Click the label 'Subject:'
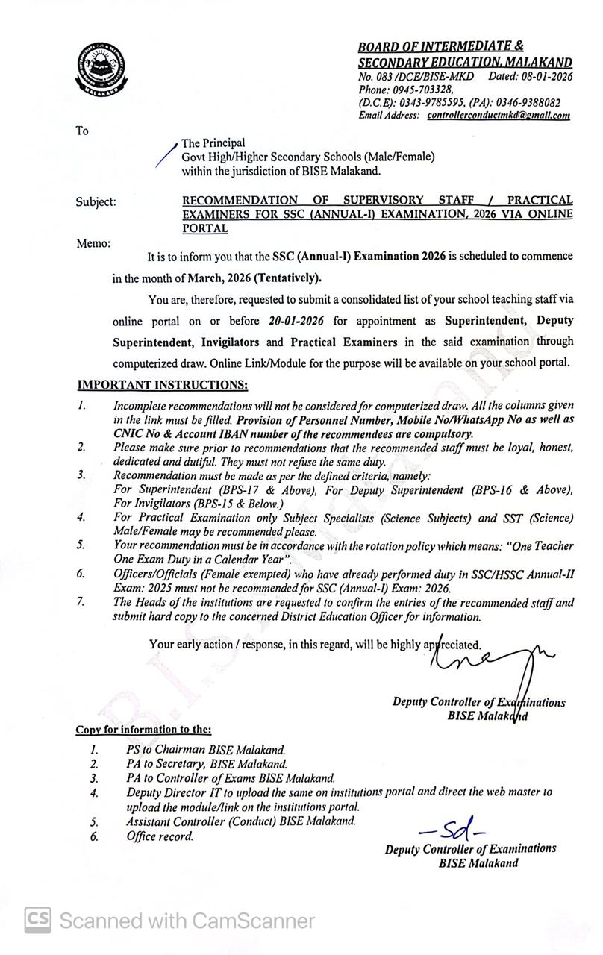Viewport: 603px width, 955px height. (x=96, y=201)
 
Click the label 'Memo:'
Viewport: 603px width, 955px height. (x=93, y=243)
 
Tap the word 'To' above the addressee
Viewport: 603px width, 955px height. (x=82, y=131)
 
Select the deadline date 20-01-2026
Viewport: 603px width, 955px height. (x=301, y=321)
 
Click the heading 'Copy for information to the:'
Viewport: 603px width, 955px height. (x=143, y=729)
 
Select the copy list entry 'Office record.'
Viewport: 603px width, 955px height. (x=160, y=836)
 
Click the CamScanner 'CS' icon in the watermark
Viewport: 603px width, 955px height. (x=38, y=920)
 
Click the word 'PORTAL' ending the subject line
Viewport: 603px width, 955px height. (x=204, y=229)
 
